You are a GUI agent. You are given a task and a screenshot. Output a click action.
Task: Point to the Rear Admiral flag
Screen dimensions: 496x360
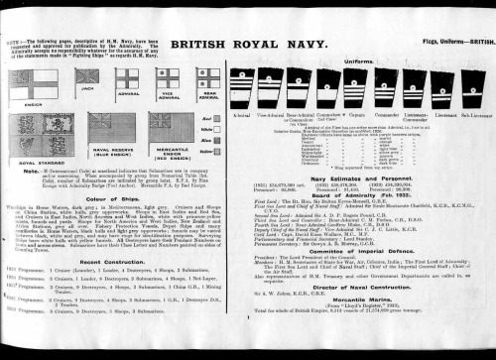208,75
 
